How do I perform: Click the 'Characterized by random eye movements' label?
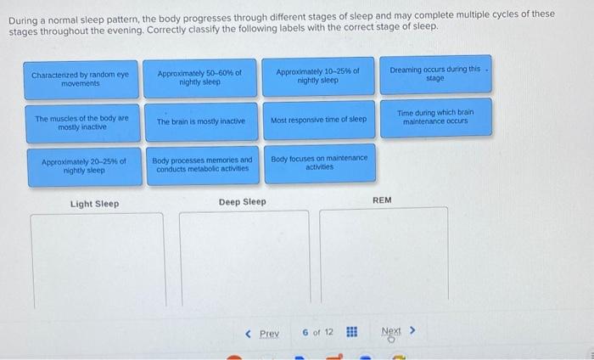tap(81, 80)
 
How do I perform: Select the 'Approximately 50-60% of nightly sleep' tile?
tap(199, 78)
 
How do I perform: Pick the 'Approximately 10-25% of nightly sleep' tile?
tap(318, 76)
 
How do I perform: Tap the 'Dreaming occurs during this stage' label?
tap(435, 74)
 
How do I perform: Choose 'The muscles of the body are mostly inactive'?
tap(82, 123)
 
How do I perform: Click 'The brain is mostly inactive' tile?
tap(201, 121)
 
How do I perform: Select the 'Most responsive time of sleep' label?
tap(319, 120)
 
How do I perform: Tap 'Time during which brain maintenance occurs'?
tap(436, 117)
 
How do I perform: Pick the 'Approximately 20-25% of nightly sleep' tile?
tap(84, 166)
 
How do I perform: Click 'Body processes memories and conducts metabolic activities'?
tap(203, 166)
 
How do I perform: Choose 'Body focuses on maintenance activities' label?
tap(320, 163)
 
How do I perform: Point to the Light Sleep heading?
tap(95, 204)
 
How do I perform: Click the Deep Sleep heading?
tap(243, 202)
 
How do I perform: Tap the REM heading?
tap(382, 200)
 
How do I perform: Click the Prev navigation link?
tap(269, 334)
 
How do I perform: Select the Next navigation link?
tap(391, 332)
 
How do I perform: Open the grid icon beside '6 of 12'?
tap(351, 332)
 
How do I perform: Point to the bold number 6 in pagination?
tap(305, 332)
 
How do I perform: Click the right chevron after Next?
tap(412, 331)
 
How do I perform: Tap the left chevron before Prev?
tap(248, 334)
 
